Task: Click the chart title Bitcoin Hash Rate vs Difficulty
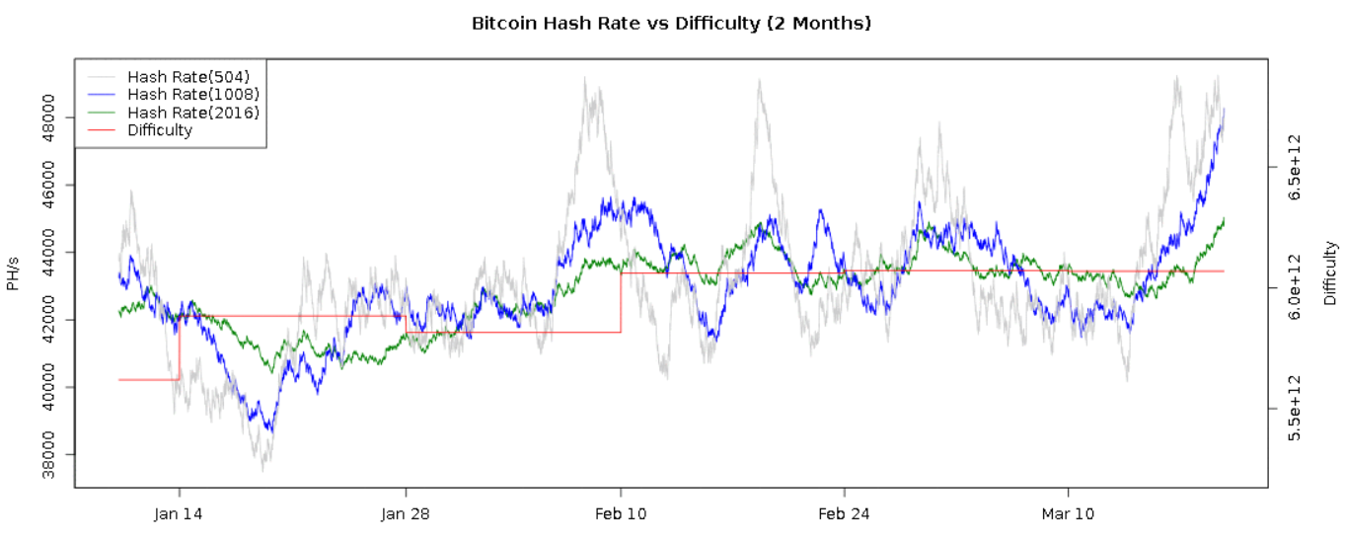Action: [672, 22]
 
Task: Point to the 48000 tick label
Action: [55, 117]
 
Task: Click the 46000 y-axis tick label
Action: [55, 185]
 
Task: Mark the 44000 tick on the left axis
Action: [55, 252]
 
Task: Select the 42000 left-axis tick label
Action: [55, 319]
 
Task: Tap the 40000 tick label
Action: [55, 387]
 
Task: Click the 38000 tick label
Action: [55, 454]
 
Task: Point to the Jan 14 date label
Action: [180, 514]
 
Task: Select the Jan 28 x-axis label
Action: [406, 514]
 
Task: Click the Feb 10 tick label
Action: [621, 514]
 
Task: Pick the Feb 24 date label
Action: [845, 514]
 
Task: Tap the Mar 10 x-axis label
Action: [1069, 514]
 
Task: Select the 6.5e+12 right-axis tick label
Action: [1303, 167]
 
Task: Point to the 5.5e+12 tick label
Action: [1303, 408]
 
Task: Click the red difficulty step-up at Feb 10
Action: [621, 302]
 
